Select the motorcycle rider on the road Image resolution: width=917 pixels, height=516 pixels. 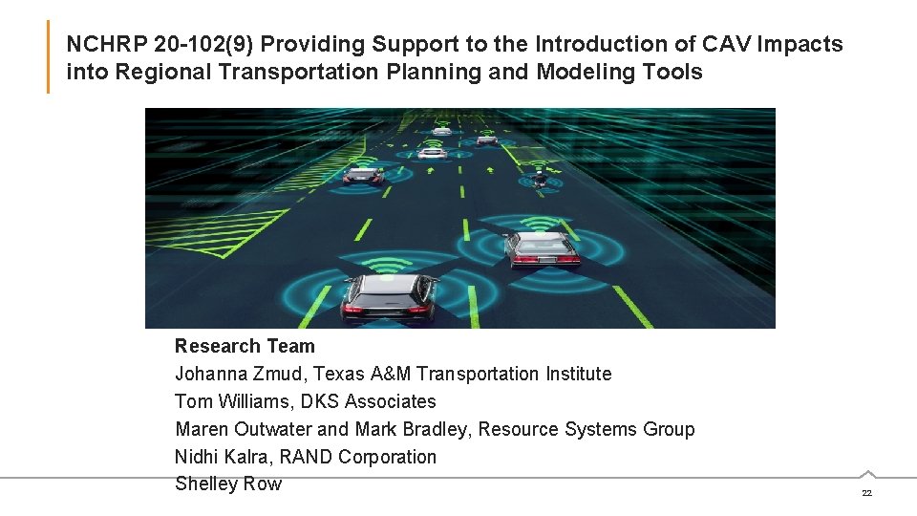click(540, 178)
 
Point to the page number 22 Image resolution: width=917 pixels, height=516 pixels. click(866, 493)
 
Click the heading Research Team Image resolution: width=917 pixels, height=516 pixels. click(245, 346)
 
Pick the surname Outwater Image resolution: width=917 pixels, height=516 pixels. click(266, 429)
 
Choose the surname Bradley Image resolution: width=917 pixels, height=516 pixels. click(434, 429)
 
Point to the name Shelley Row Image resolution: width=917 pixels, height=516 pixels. click(228, 484)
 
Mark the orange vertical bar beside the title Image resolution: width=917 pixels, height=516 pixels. click(48, 57)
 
